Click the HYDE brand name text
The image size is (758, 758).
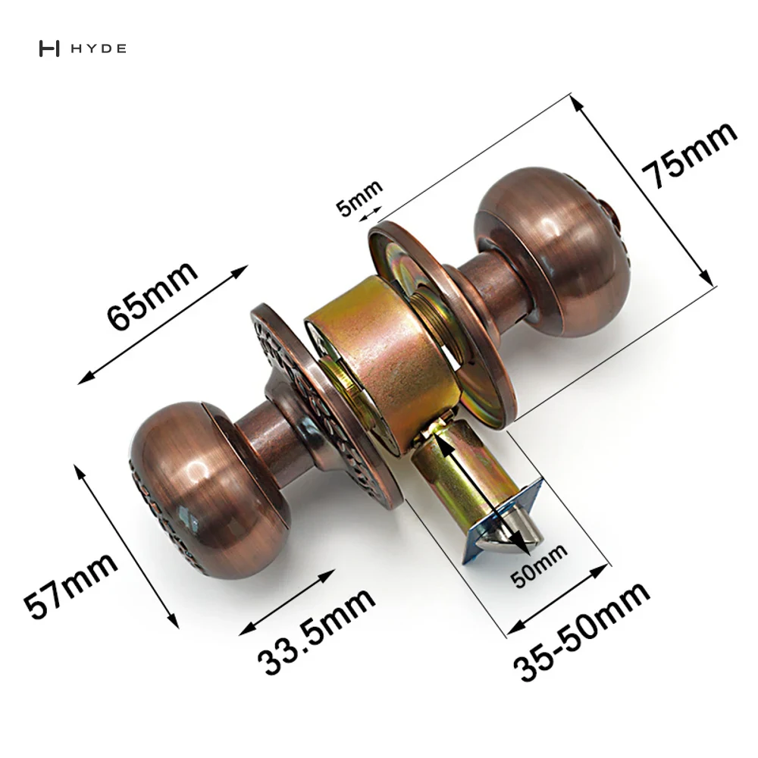coord(98,49)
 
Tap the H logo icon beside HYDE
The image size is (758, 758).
coord(49,49)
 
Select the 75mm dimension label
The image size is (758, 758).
coord(690,154)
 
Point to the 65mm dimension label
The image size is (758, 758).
coord(152,296)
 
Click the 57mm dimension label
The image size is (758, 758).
coord(70,587)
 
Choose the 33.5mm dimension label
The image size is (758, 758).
coord(316,631)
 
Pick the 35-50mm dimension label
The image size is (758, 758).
coord(581,631)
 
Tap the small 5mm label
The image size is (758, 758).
coord(359,198)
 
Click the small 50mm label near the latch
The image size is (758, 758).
coord(539,565)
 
